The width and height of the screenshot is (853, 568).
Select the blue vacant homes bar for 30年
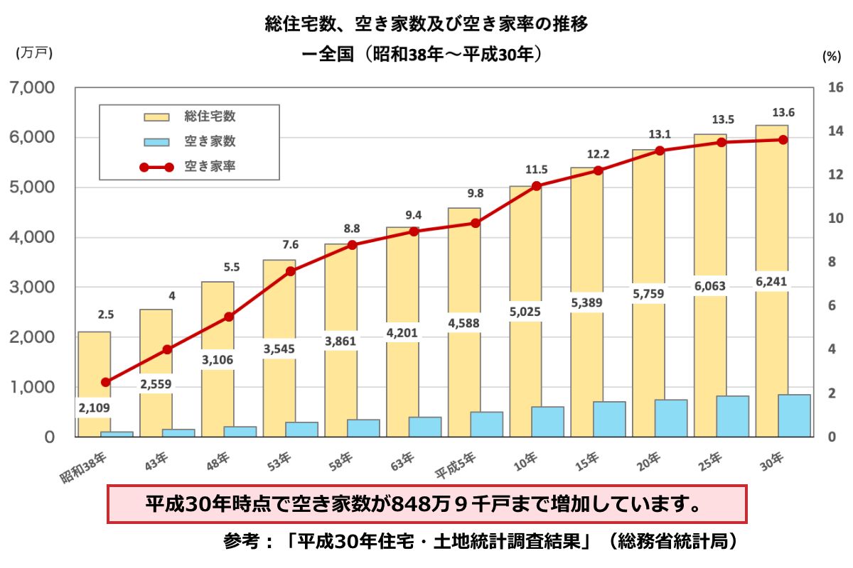point(794,415)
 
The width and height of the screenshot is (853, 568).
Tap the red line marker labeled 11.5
point(537,186)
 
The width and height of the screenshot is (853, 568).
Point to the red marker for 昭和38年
point(106,382)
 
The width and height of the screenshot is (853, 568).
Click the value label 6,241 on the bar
point(771,281)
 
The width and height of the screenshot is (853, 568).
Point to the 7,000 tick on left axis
point(30,87)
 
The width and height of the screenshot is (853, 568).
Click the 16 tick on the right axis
point(835,87)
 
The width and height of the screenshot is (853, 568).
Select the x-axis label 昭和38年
point(84,469)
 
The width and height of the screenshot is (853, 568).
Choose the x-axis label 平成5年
point(455,469)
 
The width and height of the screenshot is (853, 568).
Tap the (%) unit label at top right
point(831,55)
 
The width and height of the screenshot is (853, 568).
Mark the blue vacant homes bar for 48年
point(240,432)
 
